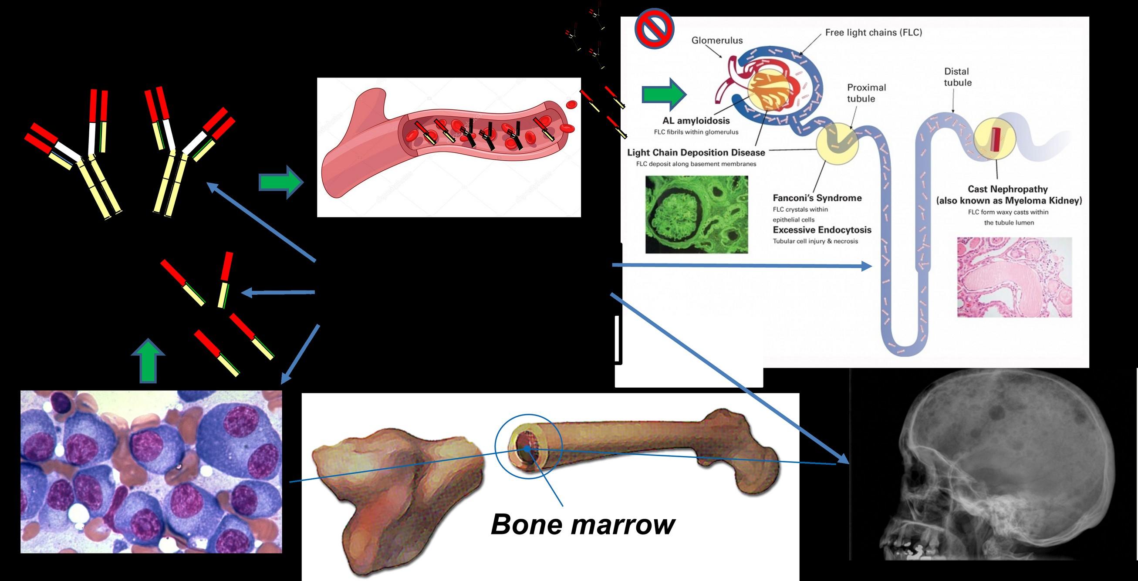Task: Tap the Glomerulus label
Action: coord(717,40)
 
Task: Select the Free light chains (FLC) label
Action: coord(873,32)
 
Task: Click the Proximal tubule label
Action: coord(866,93)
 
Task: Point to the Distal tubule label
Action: coord(957,77)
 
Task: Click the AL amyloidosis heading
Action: coord(696,121)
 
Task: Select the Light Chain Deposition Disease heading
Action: coord(696,152)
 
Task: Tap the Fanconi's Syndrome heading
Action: coord(817,198)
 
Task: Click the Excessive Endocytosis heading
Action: coord(822,230)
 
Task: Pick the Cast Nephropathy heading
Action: coord(1008,189)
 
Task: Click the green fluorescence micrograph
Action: coord(697,214)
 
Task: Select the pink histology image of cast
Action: coord(1014,277)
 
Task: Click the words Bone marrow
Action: coord(583,524)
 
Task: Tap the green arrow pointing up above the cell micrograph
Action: coord(148,360)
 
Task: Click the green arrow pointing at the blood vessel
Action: coord(281,182)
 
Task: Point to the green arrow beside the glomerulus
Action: coord(664,94)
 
